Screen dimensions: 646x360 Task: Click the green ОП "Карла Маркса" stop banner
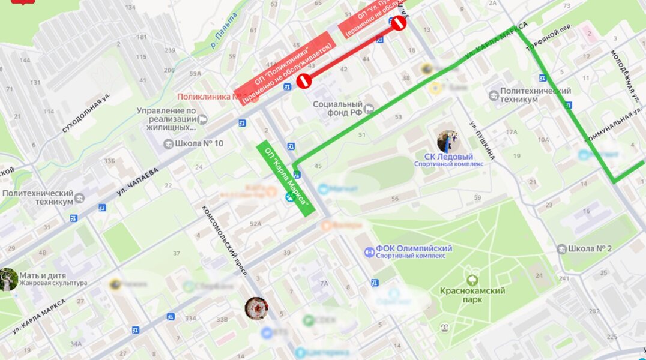click(286, 178)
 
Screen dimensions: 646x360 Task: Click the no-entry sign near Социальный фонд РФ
click(304, 81)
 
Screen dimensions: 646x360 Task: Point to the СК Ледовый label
click(448, 157)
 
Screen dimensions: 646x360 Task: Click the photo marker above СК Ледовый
click(447, 141)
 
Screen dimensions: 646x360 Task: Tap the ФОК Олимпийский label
click(414, 248)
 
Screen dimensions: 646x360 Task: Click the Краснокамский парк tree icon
click(472, 280)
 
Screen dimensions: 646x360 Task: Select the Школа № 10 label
click(198, 143)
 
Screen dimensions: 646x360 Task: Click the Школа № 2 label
click(584, 248)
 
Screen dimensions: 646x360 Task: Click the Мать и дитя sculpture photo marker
click(8, 279)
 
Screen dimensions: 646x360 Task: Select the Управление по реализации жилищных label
click(166, 119)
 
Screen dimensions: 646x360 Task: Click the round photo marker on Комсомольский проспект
click(256, 308)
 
